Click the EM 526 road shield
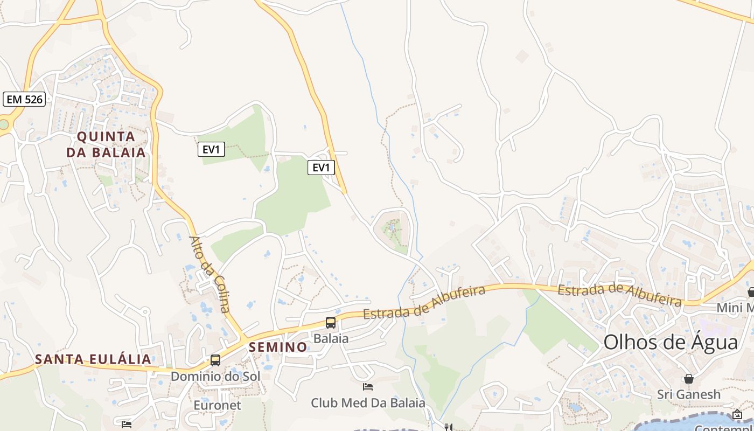(24, 99)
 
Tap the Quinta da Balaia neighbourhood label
(106, 144)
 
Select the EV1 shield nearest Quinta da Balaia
(211, 149)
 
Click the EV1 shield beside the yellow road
(321, 168)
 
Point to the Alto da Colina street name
(210, 274)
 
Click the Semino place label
(278, 347)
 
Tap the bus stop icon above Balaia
(331, 323)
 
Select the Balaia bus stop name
(331, 338)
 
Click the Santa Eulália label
(93, 359)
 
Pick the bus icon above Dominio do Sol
(215, 360)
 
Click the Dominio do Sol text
(215, 376)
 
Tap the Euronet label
(217, 405)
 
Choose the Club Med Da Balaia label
(368, 403)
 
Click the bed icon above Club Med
(368, 387)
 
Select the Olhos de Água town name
(671, 343)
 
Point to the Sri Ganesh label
(688, 394)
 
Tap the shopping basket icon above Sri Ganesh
(688, 379)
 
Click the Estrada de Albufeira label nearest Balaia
(424, 303)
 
